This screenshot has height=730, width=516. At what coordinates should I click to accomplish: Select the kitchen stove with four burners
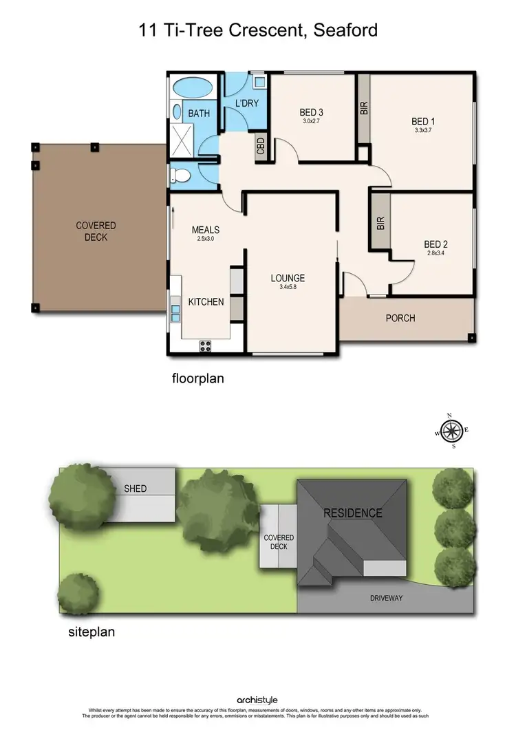pyautogui.click(x=205, y=346)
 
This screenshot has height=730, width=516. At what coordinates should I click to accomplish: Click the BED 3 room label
pyautogui.click(x=311, y=112)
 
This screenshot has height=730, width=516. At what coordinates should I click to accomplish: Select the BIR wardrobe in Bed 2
pyautogui.click(x=380, y=223)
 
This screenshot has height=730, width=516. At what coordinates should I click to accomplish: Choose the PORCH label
pyautogui.click(x=400, y=318)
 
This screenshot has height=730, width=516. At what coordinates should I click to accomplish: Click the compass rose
pyautogui.click(x=451, y=431)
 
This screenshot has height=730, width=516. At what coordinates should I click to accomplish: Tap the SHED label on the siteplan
pyautogui.click(x=135, y=489)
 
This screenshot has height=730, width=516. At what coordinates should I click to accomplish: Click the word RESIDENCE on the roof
pyautogui.click(x=353, y=513)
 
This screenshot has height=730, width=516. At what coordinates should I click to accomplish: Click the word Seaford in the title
pyautogui.click(x=343, y=31)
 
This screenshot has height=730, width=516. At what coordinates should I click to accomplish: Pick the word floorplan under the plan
pyautogui.click(x=197, y=378)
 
